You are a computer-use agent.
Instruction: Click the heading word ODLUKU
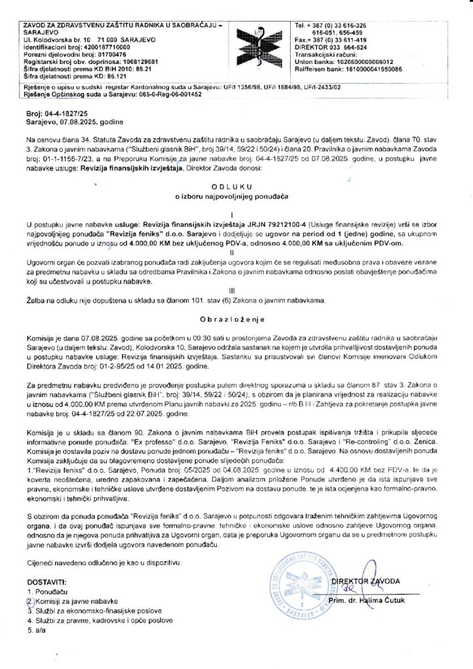click(x=236, y=186)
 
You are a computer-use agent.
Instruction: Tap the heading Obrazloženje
click(x=236, y=321)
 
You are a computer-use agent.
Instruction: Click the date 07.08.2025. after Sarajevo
click(x=73, y=122)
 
